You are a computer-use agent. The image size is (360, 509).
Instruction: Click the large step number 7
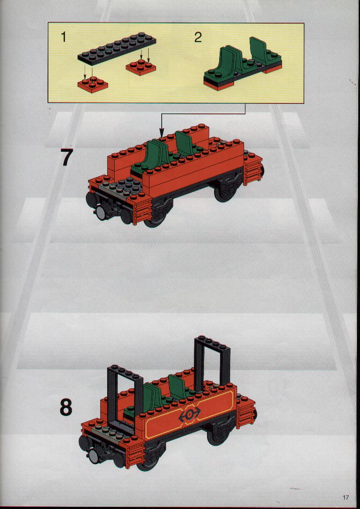tap(67, 158)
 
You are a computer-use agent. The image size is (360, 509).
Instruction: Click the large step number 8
tap(66, 407)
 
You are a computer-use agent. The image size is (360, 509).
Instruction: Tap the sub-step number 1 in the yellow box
tap(64, 37)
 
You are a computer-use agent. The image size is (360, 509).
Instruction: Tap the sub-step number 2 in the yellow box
tap(198, 38)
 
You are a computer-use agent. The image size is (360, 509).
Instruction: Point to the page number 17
tap(345, 497)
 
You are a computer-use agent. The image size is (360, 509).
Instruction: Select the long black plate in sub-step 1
tap(117, 49)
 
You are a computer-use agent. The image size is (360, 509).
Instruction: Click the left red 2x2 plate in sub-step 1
tap(93, 85)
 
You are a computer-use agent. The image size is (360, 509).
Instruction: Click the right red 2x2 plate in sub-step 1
tap(141, 68)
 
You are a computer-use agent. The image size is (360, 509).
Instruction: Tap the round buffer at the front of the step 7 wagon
tap(100, 213)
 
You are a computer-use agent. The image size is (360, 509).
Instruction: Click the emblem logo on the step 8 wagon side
tap(190, 414)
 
